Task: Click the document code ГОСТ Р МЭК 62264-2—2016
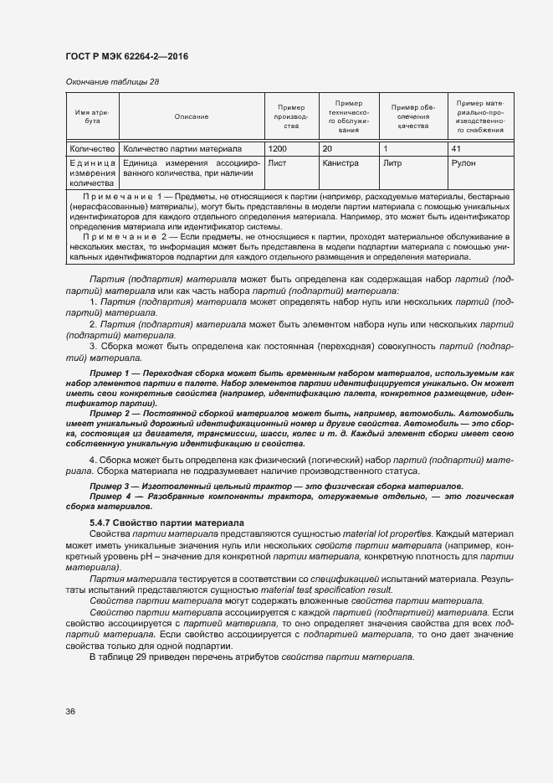[x=125, y=56]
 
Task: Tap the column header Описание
[x=191, y=116]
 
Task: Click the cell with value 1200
[x=277, y=148]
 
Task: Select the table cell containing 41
[x=456, y=148]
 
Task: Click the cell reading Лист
[x=277, y=164]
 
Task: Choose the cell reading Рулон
[x=463, y=164]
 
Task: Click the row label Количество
[x=92, y=148]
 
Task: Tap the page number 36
[x=70, y=711]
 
